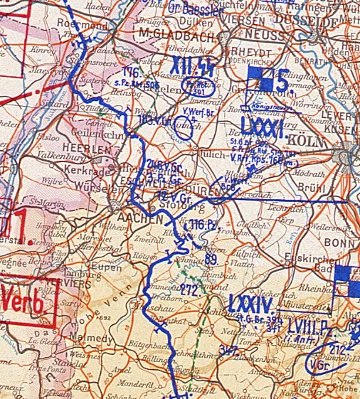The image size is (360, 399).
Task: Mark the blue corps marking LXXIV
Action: [250, 305]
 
